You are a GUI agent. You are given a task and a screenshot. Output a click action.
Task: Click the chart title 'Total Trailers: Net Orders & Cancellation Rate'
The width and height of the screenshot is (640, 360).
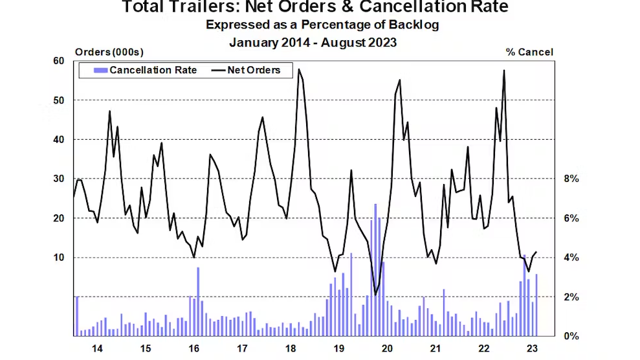(315, 8)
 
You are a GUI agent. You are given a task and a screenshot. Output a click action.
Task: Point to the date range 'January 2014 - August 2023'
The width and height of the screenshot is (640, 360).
(313, 42)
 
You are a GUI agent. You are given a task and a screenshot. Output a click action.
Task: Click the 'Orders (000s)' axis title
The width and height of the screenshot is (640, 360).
(109, 52)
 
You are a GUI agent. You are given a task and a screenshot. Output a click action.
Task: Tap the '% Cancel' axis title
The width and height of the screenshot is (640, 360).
(529, 52)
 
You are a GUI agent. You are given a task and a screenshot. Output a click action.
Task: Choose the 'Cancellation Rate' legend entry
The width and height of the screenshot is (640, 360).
(153, 70)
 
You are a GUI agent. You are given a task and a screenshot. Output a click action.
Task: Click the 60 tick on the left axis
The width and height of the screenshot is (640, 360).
(59, 61)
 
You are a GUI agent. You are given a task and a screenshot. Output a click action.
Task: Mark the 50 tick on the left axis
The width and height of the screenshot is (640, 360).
(59, 100)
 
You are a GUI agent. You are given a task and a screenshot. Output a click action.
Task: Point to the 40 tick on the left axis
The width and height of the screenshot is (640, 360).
(59, 140)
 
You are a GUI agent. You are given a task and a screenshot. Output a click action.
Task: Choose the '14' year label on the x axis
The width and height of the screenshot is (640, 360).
(98, 349)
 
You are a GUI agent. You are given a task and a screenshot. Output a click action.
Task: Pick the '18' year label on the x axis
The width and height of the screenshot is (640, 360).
(291, 349)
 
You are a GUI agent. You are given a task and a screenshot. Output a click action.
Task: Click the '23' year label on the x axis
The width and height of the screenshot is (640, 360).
(532, 349)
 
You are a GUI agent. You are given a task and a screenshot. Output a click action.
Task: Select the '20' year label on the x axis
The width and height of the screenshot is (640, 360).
(387, 349)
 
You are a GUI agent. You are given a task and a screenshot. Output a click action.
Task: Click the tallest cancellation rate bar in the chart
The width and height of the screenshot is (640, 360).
(375, 269)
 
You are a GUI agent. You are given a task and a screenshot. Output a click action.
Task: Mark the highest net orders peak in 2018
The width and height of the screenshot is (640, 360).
(298, 69)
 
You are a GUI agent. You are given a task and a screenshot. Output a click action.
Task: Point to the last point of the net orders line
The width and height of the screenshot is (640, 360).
(536, 252)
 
